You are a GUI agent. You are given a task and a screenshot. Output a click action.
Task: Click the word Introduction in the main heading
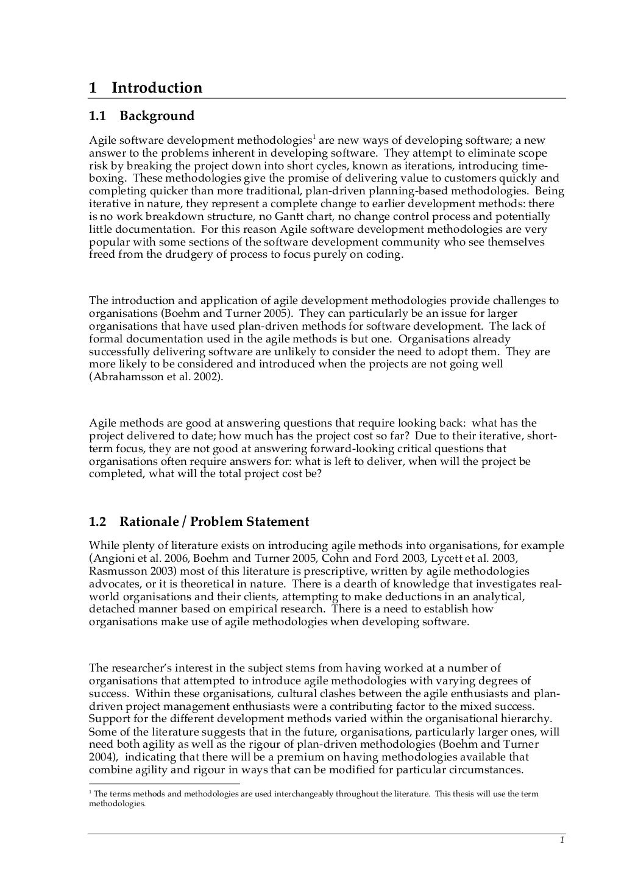tap(157, 88)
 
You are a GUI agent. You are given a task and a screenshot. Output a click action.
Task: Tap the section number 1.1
tap(98, 116)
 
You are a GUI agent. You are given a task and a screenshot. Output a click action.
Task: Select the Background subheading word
tap(157, 116)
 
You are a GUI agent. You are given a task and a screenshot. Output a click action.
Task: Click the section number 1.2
tap(98, 522)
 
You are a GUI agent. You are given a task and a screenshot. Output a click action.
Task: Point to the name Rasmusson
tap(116, 571)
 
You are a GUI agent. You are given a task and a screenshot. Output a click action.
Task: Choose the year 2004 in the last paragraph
tap(101, 757)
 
